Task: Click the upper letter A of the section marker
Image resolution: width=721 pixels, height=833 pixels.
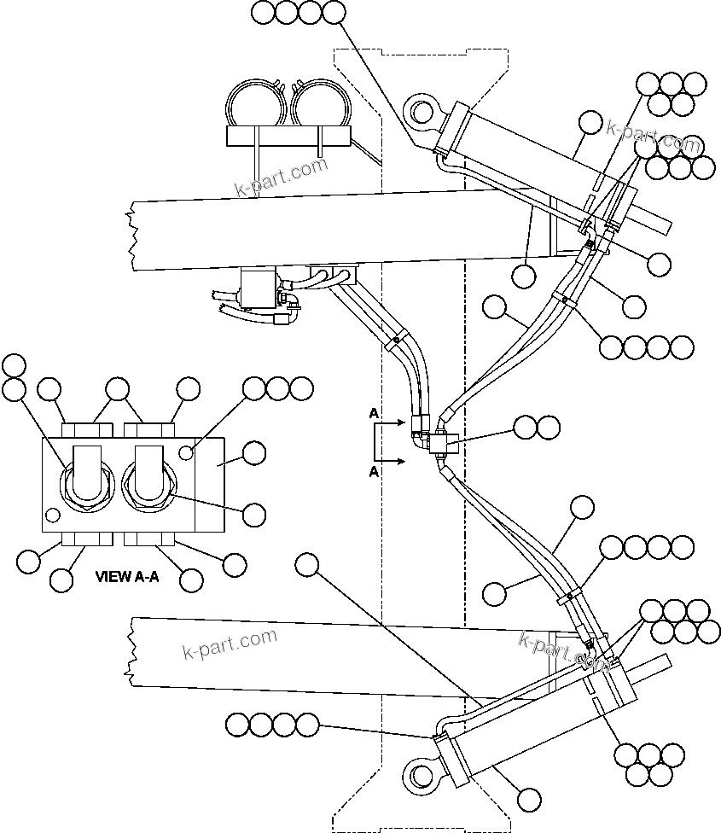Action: point(374,413)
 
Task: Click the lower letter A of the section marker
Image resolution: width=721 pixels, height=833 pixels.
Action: point(374,472)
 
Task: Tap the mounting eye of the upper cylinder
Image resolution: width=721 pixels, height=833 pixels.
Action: point(420,112)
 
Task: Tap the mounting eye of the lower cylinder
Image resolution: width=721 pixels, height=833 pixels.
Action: point(420,776)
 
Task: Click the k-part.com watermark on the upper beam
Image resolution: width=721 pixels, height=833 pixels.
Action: point(281,177)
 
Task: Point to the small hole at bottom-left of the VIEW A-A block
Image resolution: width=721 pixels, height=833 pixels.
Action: point(53,516)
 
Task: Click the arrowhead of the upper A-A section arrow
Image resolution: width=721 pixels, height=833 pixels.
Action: point(401,422)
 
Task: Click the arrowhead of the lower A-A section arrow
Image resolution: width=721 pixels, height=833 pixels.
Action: point(401,462)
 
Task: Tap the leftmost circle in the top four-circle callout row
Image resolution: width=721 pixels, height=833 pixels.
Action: point(264,12)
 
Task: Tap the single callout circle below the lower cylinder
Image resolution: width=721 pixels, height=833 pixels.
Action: point(528,799)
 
